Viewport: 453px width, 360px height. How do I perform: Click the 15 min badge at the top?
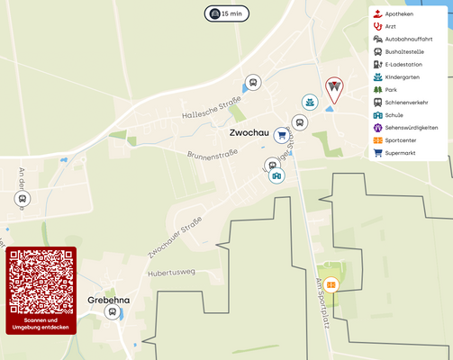click(226, 13)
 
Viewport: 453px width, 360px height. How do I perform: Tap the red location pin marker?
click(334, 88)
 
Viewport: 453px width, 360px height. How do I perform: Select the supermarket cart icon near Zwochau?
click(282, 136)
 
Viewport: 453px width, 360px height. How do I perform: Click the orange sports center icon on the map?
click(331, 285)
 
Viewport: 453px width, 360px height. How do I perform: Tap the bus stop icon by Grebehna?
click(113, 312)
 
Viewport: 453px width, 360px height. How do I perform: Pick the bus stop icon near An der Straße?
click(23, 199)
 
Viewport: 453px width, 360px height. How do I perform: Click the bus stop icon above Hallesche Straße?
click(253, 83)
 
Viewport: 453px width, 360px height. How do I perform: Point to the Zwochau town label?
click(249, 133)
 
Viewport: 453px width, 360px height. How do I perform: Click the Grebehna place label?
click(108, 300)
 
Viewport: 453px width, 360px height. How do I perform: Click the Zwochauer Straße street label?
click(174, 239)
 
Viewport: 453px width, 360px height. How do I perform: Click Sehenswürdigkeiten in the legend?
click(411, 128)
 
